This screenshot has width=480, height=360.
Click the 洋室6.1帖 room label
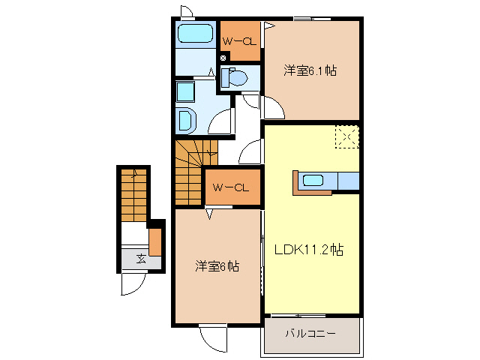(309, 71)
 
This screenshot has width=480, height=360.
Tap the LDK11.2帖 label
(308, 251)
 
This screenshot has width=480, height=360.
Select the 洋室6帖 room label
(217, 265)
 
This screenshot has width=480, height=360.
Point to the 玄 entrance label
(141, 259)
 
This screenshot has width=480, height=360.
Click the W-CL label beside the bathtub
(240, 41)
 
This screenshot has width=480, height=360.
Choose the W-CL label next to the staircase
(231, 187)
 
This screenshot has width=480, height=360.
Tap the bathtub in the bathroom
(196, 34)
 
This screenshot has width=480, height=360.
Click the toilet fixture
(236, 78)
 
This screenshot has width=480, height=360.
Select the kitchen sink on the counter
(313, 181)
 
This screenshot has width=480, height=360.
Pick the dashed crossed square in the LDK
(346, 137)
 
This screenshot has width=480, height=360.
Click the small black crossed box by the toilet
(223, 58)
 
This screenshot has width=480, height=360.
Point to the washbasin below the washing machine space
(184, 119)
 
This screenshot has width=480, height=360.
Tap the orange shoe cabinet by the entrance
(155, 241)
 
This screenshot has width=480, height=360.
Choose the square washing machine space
(184, 91)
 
